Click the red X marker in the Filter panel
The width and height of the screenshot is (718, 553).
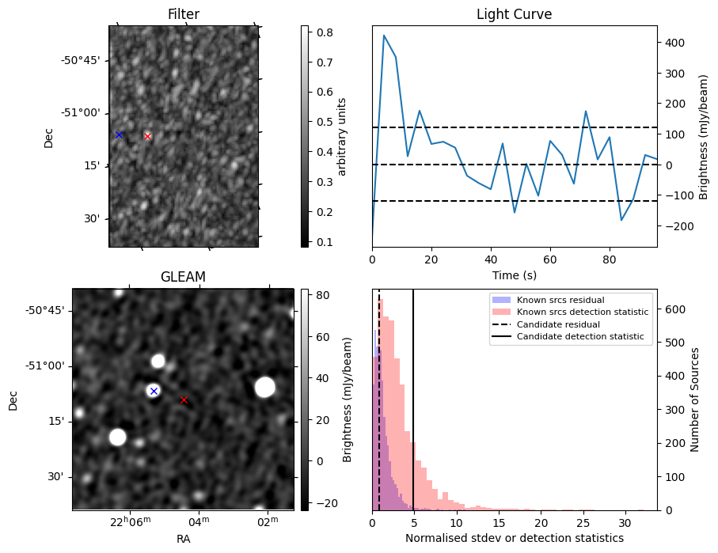[x=147, y=136]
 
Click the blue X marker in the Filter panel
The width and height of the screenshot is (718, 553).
[x=119, y=134]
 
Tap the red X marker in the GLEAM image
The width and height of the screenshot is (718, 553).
[x=184, y=400]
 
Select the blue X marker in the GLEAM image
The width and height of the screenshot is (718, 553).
[x=154, y=391]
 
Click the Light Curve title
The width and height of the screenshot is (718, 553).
[x=514, y=15]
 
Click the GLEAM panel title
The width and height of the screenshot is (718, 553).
[x=183, y=277]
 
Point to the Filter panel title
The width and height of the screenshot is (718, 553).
[x=184, y=15]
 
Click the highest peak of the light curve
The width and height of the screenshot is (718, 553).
[x=384, y=36]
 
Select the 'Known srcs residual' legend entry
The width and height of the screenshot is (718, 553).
[x=560, y=300]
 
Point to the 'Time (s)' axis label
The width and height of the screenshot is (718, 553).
[x=514, y=274]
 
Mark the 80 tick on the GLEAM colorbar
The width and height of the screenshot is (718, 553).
[x=318, y=294]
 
